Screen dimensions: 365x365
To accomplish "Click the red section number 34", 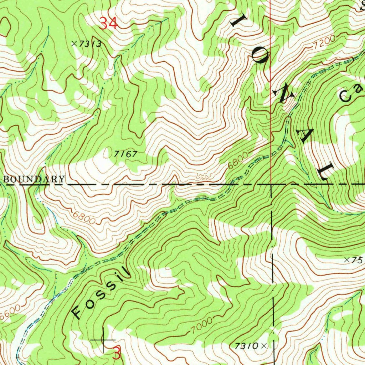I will coord(108,24).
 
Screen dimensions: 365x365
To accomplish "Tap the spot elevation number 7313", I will coord(91,44).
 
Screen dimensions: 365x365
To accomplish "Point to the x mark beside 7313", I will coord(74,43).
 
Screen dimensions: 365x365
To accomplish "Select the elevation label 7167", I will coord(125,154).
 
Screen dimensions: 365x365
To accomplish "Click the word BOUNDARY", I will coord(35,179).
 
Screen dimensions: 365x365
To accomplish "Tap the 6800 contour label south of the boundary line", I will coord(84,218).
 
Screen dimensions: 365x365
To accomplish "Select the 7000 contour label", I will coord(199,325).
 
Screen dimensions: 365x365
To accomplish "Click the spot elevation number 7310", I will coord(247,346).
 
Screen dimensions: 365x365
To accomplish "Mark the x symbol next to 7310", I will coord(264,345).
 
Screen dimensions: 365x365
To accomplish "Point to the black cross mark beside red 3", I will coord(103,340).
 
